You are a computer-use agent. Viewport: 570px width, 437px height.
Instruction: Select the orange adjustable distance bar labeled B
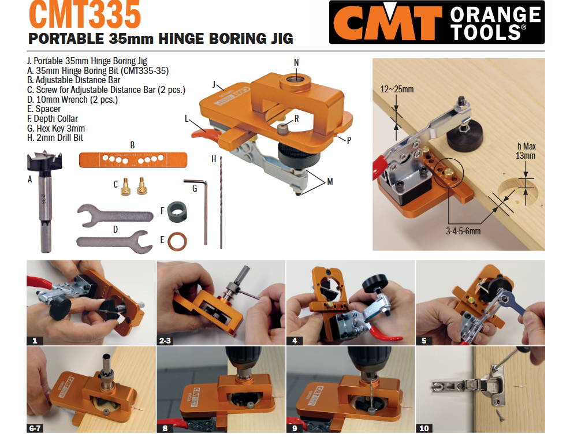point(133,159)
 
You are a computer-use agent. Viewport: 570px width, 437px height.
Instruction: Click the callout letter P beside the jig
point(348,140)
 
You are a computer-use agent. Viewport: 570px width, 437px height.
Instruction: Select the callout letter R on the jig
point(296,119)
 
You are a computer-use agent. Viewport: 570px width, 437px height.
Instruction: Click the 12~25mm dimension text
point(397,89)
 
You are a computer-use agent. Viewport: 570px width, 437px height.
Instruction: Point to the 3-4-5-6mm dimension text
point(463,230)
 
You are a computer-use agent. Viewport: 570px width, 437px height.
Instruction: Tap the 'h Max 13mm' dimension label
point(526,151)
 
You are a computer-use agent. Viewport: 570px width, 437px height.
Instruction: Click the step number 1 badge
point(35,341)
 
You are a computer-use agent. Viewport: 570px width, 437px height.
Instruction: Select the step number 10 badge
point(424,428)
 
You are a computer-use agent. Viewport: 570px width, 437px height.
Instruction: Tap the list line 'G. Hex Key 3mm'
point(56,128)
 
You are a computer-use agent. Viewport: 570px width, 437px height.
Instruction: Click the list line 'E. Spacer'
point(44,109)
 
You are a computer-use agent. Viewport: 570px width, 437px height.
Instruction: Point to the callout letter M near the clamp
point(330,181)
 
